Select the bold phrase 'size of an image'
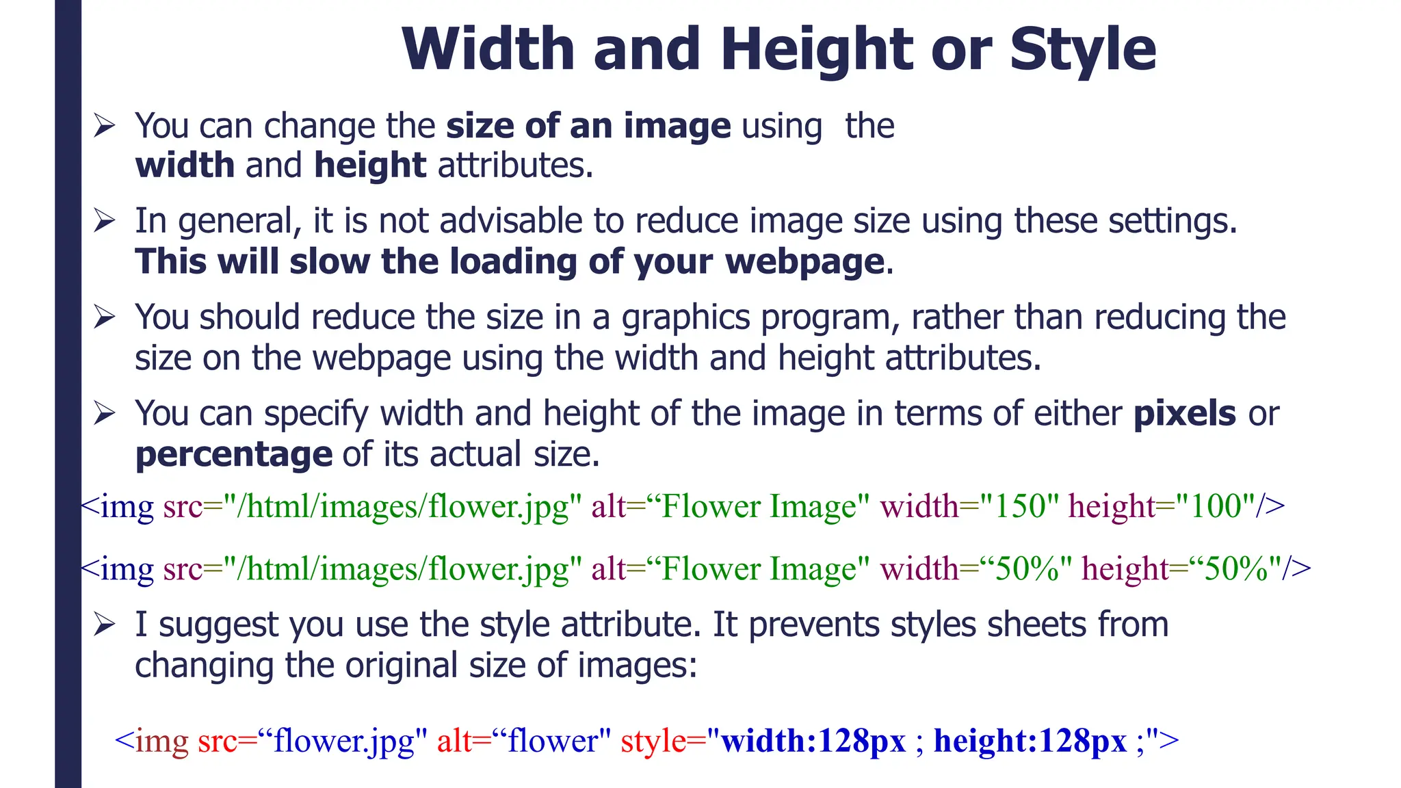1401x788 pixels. pyautogui.click(x=588, y=127)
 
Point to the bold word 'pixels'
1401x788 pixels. pyautogui.click(x=1184, y=414)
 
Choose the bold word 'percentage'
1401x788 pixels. pyautogui.click(x=234, y=455)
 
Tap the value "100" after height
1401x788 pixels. pyautogui.click(x=1216, y=507)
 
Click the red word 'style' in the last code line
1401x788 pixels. pyautogui.click(x=653, y=741)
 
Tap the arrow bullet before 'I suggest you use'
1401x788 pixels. pyautogui.click(x=105, y=625)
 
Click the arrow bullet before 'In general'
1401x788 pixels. pyautogui.click(x=105, y=221)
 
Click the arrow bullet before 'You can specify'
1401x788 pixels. pyautogui.click(x=105, y=414)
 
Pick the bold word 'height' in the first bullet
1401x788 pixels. pyautogui.click(x=370, y=166)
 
